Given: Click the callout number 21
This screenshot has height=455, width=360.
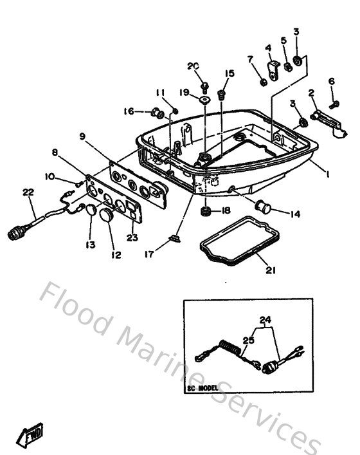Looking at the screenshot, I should click(271, 270).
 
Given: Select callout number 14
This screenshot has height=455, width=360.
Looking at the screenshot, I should click(295, 214).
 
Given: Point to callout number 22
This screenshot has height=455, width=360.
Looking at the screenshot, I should click(28, 192).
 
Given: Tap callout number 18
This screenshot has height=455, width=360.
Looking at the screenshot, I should click(226, 210).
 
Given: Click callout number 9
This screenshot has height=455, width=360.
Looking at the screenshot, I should click(83, 136).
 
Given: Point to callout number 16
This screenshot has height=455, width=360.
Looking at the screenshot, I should click(129, 111).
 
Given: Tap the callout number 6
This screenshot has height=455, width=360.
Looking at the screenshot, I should click(332, 81).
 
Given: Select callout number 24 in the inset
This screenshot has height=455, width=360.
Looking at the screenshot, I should click(265, 320).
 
